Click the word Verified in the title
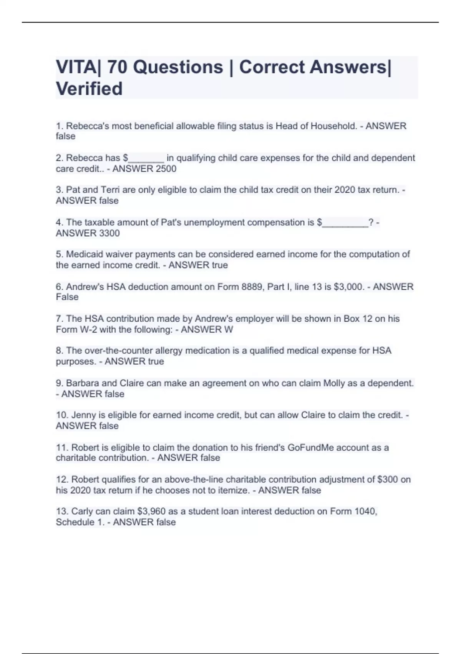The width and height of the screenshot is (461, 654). (x=89, y=88)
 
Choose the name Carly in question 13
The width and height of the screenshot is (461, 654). (x=82, y=511)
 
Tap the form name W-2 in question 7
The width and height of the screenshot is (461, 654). (x=88, y=329)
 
